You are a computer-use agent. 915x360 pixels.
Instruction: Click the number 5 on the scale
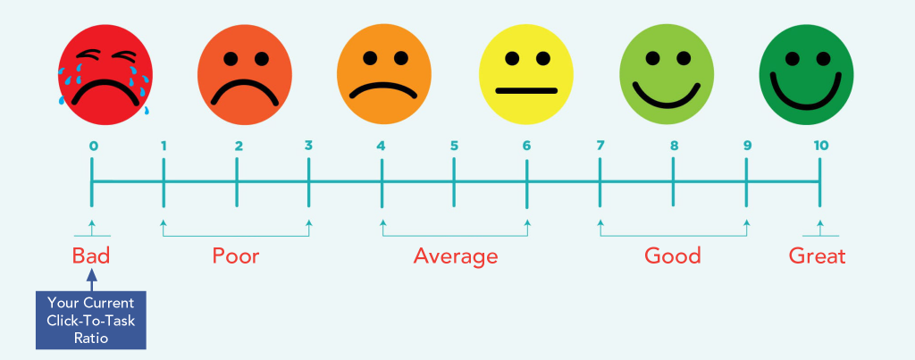click(x=454, y=146)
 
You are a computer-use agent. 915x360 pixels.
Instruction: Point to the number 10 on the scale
click(x=820, y=146)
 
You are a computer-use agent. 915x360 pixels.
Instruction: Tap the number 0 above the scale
click(x=92, y=146)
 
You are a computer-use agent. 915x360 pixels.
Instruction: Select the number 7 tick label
click(x=600, y=146)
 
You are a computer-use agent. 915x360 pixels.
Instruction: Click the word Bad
click(x=91, y=256)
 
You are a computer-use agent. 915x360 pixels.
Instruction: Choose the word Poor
click(x=236, y=256)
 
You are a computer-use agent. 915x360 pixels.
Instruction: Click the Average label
click(x=455, y=257)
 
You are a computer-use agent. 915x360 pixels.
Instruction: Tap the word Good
click(x=673, y=256)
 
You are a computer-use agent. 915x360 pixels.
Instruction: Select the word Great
click(x=817, y=256)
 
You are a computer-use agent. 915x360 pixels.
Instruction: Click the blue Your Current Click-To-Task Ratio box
click(x=91, y=319)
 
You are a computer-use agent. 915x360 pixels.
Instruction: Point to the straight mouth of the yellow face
click(x=525, y=91)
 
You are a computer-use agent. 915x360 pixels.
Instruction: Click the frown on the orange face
click(x=384, y=91)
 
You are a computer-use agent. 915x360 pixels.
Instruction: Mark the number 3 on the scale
click(x=308, y=146)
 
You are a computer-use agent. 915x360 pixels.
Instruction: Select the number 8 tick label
click(x=673, y=146)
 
